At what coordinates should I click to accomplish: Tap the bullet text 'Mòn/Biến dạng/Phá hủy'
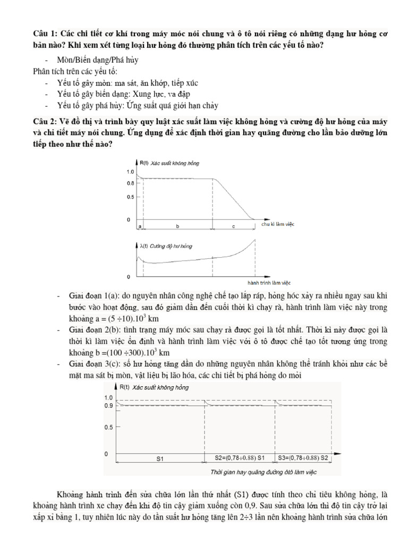coord(97,60)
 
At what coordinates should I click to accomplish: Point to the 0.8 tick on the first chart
coord(130,183)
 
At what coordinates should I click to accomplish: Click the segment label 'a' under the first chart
coord(140,226)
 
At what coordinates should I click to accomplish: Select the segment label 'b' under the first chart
coord(177,226)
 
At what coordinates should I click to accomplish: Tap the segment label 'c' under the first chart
coord(233,226)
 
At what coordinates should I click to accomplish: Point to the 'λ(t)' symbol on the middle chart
coord(143,246)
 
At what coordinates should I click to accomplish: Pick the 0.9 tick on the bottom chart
coord(108,406)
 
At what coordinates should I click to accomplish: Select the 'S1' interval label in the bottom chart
coord(159,457)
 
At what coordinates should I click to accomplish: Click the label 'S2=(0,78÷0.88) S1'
coord(239,457)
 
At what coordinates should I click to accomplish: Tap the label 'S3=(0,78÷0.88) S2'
coord(304,457)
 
